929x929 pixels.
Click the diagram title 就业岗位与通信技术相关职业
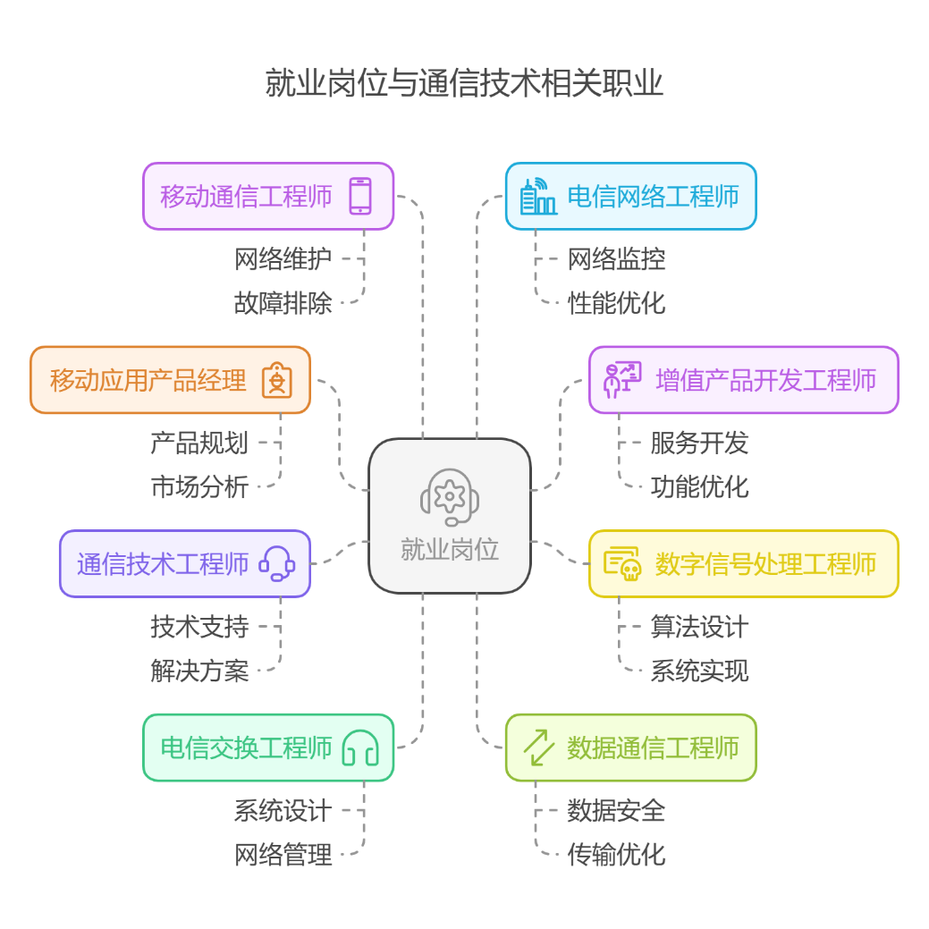coord(464,84)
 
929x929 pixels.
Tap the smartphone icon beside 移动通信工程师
coord(360,196)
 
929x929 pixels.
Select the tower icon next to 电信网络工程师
coord(538,197)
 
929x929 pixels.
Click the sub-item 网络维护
coord(283,259)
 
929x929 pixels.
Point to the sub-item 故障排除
coord(283,303)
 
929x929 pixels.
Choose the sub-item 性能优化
coord(616,303)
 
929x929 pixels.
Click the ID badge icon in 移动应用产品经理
coord(277,380)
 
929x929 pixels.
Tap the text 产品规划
coord(199,443)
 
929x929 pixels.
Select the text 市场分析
coord(199,486)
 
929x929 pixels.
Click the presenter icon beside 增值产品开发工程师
coord(622,380)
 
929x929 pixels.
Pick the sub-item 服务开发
coord(699,443)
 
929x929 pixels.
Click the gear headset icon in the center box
coord(450,496)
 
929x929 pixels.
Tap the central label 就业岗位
coord(450,549)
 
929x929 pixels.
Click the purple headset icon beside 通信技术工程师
coord(277,564)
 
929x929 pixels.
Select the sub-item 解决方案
coord(199,671)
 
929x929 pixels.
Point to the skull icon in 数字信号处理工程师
coord(622,564)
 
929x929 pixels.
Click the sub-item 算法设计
coord(699,627)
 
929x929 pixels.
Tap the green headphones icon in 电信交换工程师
coord(360,747)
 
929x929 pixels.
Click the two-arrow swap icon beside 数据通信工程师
coord(538,747)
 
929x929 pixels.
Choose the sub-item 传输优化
coord(616,855)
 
